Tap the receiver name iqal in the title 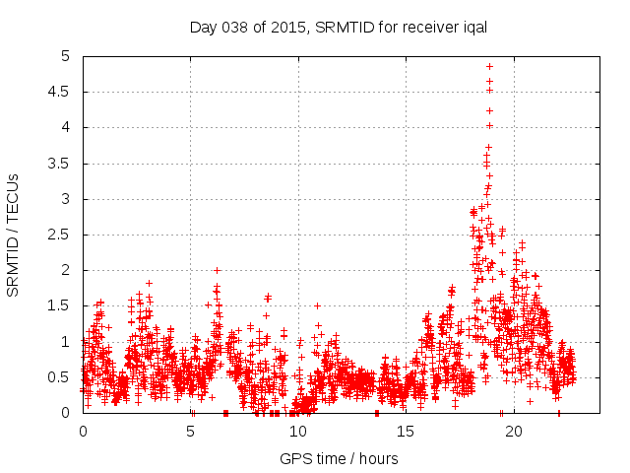click(x=472, y=28)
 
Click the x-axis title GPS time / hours click(x=339, y=458)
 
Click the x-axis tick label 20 click(x=513, y=432)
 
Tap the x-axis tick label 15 click(x=406, y=432)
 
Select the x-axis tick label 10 click(x=298, y=432)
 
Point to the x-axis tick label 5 click(x=190, y=432)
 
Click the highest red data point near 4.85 click(x=489, y=67)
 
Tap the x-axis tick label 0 click(x=83, y=432)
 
